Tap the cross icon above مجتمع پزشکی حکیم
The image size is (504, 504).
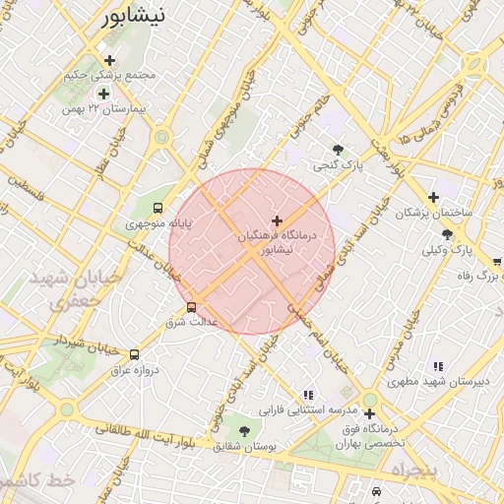(110, 60)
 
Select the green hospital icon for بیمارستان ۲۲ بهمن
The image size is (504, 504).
(103, 94)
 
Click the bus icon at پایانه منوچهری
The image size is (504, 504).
(157, 208)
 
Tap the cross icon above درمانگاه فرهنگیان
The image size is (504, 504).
(276, 220)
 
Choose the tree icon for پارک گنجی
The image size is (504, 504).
(339, 150)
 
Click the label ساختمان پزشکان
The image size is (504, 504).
(434, 213)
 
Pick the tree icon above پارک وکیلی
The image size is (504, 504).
(448, 233)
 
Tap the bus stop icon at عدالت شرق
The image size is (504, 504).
(191, 306)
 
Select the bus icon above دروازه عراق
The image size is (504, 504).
(134, 353)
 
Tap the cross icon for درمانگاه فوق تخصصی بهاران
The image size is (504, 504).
(369, 414)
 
